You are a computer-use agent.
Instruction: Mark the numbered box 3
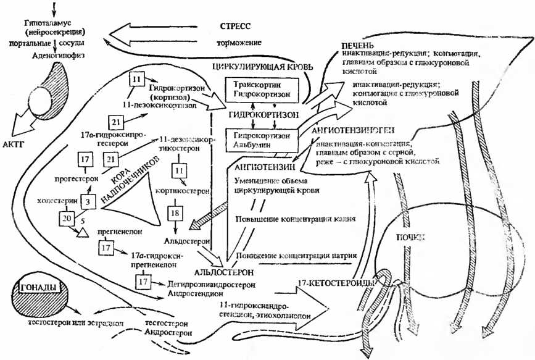pos(88,201)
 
